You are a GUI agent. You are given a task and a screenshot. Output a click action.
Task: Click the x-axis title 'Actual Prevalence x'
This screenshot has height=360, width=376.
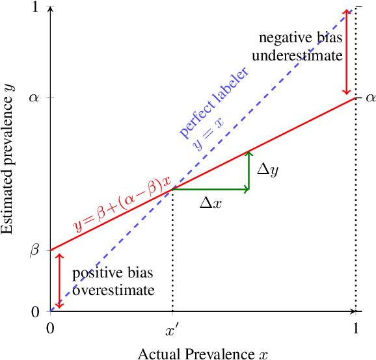point(202,353)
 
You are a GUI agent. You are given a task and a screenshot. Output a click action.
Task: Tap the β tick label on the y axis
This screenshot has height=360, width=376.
point(35,250)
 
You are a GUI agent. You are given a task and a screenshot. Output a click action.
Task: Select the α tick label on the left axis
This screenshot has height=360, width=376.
point(35,98)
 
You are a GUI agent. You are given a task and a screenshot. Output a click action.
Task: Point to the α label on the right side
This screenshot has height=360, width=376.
point(370,98)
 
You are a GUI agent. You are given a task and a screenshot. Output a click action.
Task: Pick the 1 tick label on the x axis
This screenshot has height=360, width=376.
point(355,328)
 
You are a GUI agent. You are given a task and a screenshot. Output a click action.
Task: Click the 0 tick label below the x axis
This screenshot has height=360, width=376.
point(50,328)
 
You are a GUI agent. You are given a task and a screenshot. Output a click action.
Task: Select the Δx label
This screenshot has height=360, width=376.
point(211,203)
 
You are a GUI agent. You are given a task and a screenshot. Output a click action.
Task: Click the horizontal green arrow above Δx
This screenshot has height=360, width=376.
point(210,189)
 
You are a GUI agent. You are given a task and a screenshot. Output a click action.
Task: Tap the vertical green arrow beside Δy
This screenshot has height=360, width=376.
point(248,171)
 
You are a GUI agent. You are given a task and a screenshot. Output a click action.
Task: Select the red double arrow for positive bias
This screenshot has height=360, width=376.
point(59,280)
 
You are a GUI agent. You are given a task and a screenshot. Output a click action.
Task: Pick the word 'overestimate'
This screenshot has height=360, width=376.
point(114,290)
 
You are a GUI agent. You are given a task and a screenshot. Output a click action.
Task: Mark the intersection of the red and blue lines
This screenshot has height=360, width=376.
point(172,189)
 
